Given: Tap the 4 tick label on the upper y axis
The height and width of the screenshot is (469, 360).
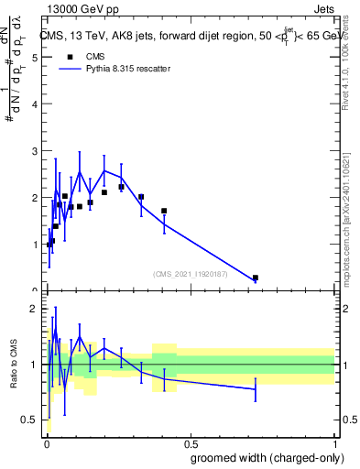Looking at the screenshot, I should click(34, 104).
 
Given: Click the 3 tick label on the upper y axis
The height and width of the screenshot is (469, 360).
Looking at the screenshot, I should click(34, 150).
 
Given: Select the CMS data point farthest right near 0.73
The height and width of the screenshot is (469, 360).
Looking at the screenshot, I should click(256, 278).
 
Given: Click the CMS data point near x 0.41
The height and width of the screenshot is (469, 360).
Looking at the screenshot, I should click(164, 211).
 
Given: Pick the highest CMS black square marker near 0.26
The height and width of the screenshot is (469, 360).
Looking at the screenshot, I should click(121, 187).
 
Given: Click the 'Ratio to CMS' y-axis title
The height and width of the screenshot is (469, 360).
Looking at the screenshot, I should click(14, 365).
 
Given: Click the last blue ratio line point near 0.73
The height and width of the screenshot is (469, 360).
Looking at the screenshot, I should click(256, 389).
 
